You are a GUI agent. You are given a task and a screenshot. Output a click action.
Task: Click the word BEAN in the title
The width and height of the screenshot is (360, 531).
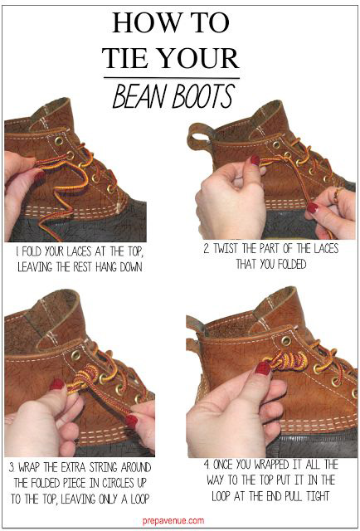[141, 96]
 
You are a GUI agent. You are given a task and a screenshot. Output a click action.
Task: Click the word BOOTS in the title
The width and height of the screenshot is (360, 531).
[203, 96]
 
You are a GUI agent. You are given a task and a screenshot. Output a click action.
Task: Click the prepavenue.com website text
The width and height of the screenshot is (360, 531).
[173, 520]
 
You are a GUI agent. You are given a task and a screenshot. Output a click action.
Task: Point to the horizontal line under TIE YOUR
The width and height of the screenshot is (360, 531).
[172, 78]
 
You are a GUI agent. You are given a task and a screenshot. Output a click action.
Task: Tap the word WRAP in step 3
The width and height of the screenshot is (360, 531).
[31, 468]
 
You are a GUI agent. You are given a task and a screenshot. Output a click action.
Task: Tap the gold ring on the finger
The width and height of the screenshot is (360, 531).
[337, 196]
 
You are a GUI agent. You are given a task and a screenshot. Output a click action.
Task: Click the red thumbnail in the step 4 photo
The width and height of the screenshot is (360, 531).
[263, 368]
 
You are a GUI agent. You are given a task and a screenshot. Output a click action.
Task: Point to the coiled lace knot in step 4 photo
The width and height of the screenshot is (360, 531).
[285, 362]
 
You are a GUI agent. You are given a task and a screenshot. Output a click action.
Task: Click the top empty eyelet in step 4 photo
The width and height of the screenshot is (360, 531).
[286, 340]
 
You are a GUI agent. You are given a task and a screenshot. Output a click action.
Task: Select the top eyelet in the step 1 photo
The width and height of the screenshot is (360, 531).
[59, 141]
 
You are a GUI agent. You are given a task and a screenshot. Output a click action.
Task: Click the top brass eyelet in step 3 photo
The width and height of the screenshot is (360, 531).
[75, 355]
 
